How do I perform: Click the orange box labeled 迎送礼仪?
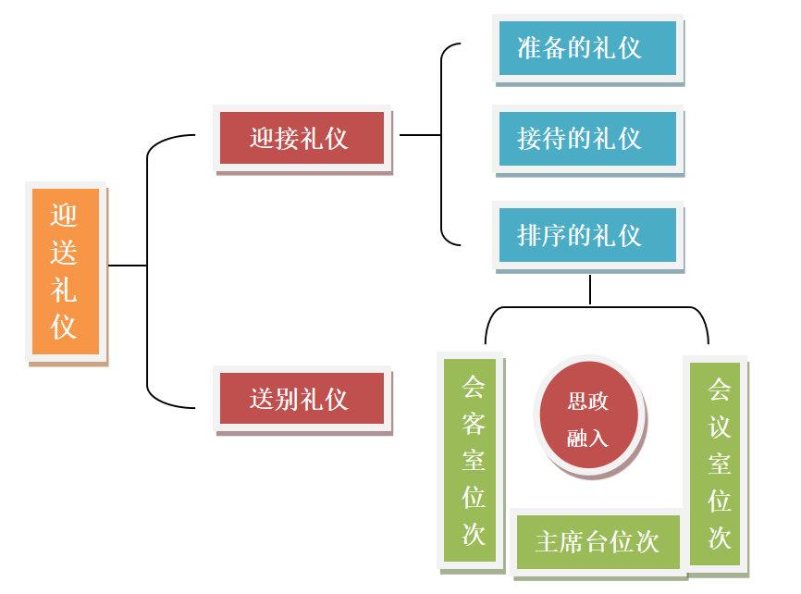65,272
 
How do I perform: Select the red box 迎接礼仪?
301,139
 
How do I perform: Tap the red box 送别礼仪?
301,399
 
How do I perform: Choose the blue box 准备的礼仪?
586,48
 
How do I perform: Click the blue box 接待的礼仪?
586,139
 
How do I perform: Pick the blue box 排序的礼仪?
586,235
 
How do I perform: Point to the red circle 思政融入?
588,419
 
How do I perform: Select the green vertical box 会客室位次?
473,460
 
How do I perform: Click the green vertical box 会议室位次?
719,463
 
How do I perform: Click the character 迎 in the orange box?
65,216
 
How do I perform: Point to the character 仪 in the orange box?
65,328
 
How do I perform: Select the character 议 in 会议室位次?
719,427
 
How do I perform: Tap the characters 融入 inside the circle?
588,437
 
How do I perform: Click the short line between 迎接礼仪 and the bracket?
420,135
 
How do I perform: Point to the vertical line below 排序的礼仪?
590,290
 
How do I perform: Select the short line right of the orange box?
128,266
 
